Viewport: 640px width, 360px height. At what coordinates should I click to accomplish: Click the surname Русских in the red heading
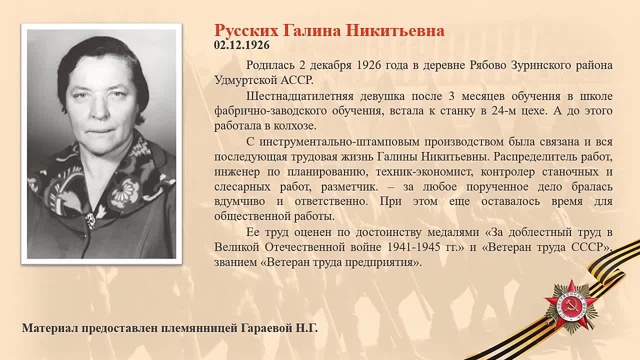[246, 31]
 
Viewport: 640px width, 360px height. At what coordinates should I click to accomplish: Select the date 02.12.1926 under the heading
[241, 45]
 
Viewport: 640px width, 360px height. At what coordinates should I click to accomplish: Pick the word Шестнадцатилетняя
[299, 96]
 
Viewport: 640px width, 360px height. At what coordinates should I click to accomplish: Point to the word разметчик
[349, 187]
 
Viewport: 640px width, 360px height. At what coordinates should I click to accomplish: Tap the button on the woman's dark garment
[90, 219]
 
